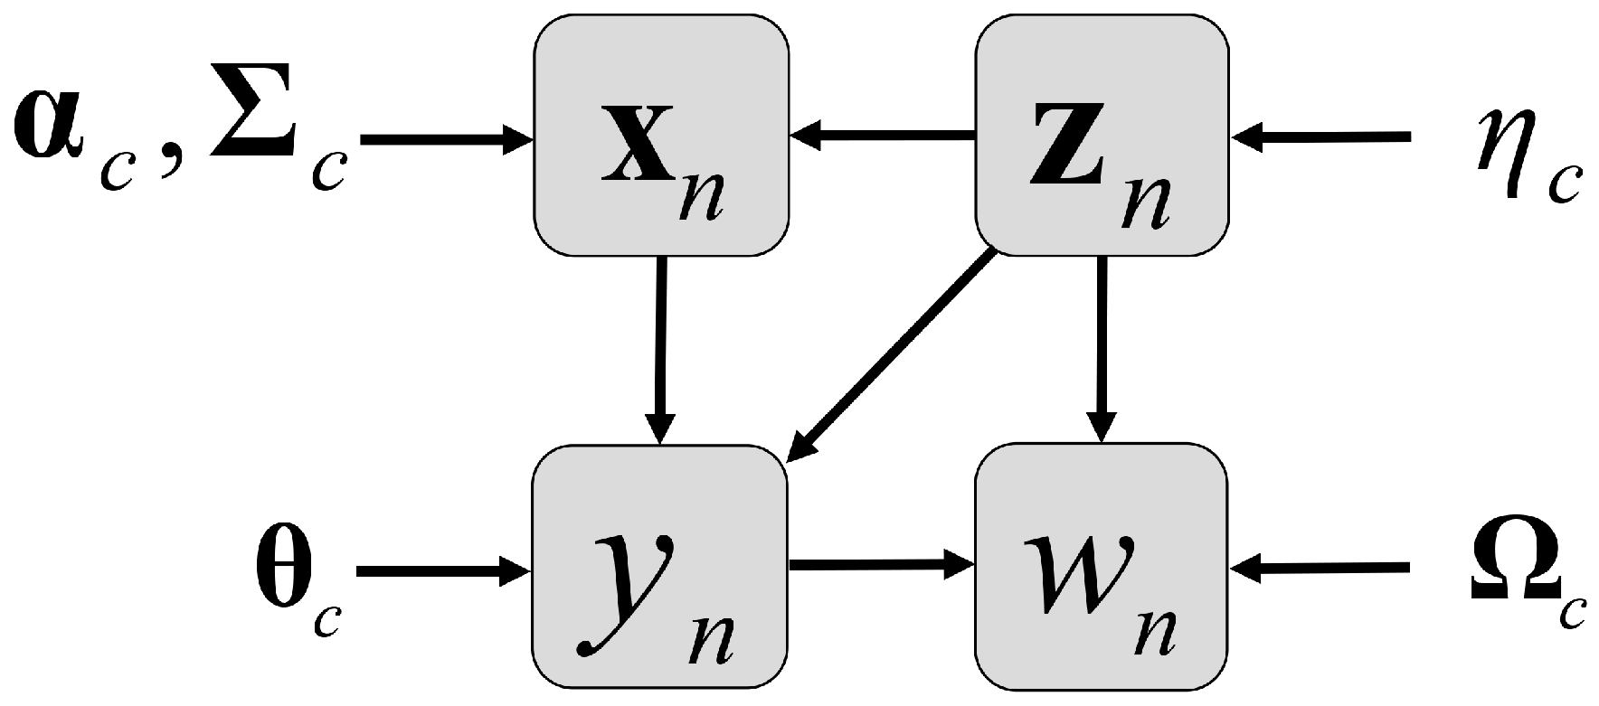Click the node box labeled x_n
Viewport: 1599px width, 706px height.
pyautogui.click(x=660, y=136)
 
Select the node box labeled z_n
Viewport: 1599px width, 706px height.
pyautogui.click(x=1101, y=136)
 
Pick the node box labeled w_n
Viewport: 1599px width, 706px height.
pyautogui.click(x=1101, y=568)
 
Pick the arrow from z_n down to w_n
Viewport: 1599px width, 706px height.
pyautogui.click(x=1101, y=348)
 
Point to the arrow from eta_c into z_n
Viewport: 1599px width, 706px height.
pyautogui.click(x=1320, y=138)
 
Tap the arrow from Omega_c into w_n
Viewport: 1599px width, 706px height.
pyautogui.click(x=1320, y=569)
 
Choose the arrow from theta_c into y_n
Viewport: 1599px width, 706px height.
pyautogui.click(x=443, y=571)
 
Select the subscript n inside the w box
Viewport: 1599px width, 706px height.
pyautogui.click(x=1153, y=633)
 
